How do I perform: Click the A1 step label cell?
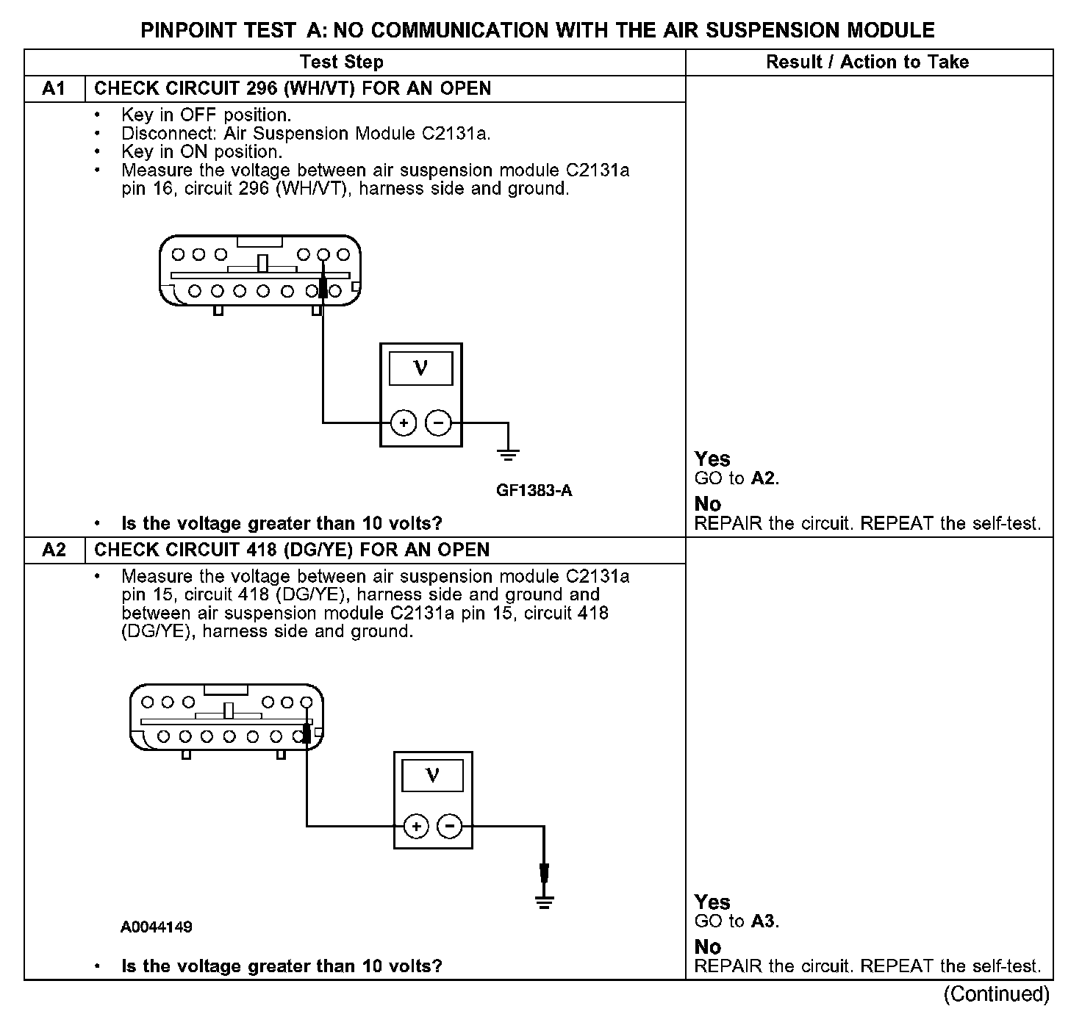tap(54, 89)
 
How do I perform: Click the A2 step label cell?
tap(54, 550)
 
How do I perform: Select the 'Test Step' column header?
tap(341, 62)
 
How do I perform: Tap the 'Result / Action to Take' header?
tap(867, 62)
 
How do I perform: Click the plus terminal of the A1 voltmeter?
tap(403, 423)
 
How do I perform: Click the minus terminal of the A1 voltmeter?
tap(438, 423)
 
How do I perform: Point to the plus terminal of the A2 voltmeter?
tap(416, 827)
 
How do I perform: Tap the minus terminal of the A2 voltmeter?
tap(450, 827)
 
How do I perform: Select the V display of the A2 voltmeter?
tap(433, 775)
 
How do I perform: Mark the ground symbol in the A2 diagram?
tap(544, 902)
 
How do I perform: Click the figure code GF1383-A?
tap(534, 490)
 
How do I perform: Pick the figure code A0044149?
tap(157, 927)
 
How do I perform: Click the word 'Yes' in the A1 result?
tap(712, 459)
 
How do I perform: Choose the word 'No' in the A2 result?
tap(708, 946)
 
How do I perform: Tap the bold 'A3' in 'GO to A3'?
tap(764, 921)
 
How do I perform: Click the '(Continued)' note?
tap(997, 994)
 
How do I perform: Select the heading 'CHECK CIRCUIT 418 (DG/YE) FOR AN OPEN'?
tap(292, 550)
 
